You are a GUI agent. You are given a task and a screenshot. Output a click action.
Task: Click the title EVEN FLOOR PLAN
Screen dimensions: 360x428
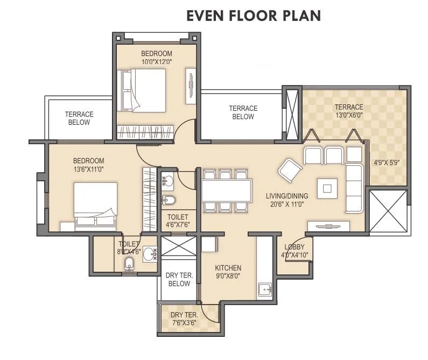[254, 16]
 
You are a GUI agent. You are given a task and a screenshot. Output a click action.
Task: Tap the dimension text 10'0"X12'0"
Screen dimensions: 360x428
[157, 62]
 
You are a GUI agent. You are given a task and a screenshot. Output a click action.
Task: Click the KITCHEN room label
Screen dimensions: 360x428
[228, 268]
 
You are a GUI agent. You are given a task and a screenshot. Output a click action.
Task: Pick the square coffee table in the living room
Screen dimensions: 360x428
[327, 188]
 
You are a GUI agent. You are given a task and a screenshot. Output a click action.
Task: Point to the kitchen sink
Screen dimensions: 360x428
[265, 290]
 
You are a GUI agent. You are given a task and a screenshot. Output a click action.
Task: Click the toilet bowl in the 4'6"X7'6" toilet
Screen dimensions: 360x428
[169, 201]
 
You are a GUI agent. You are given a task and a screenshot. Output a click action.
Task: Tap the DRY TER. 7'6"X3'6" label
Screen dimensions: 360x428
[185, 319]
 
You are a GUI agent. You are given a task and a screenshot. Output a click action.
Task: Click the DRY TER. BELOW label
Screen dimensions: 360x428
[178, 280]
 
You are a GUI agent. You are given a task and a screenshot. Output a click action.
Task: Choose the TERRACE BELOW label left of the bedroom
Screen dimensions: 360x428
[79, 118]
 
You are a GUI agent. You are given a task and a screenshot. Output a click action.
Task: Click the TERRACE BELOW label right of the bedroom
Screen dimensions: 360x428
[243, 112]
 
